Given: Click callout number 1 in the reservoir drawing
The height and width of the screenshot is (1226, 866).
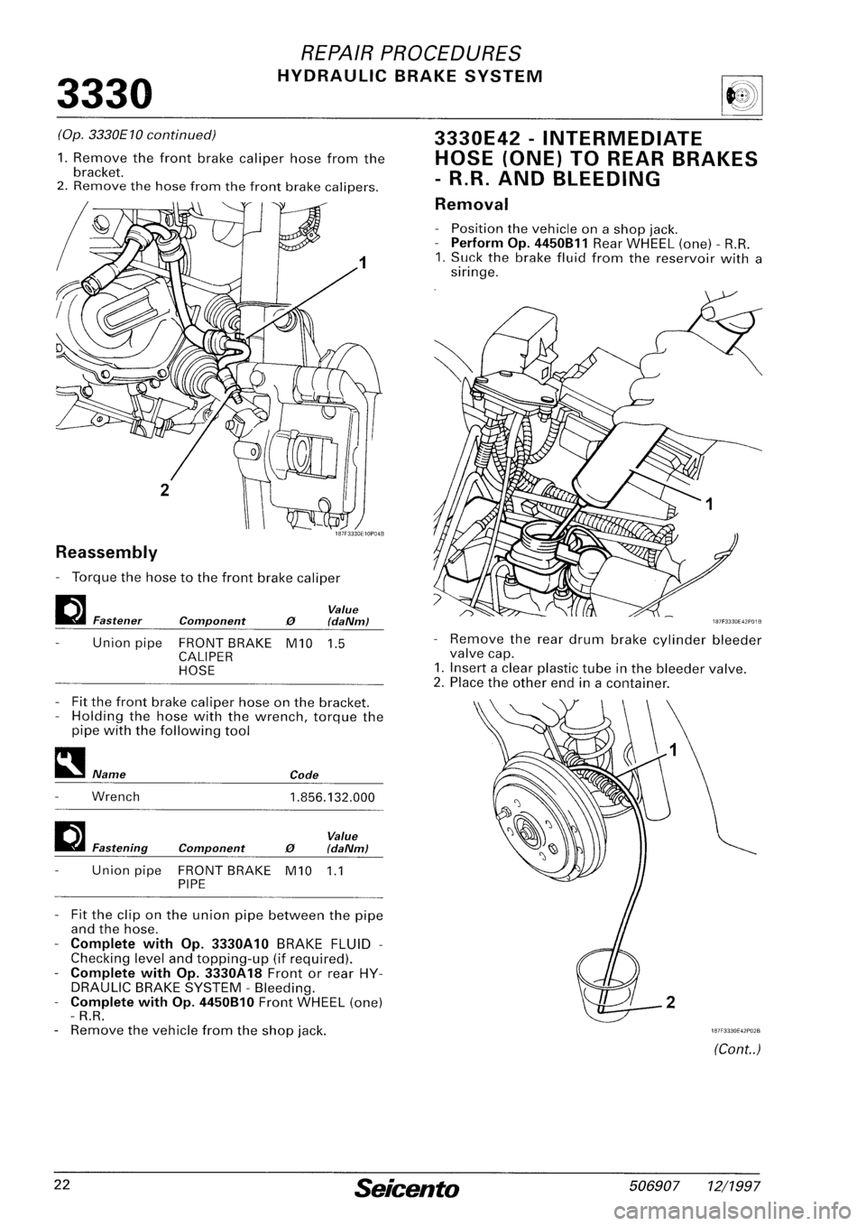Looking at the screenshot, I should click(709, 506).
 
